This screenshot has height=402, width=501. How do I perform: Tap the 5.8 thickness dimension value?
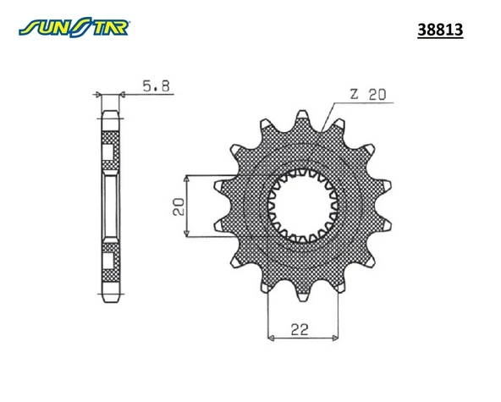157,86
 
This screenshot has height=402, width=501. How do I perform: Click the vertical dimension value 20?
178,207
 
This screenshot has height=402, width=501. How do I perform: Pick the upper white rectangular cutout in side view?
109,153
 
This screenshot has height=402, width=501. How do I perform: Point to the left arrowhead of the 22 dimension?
271,338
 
